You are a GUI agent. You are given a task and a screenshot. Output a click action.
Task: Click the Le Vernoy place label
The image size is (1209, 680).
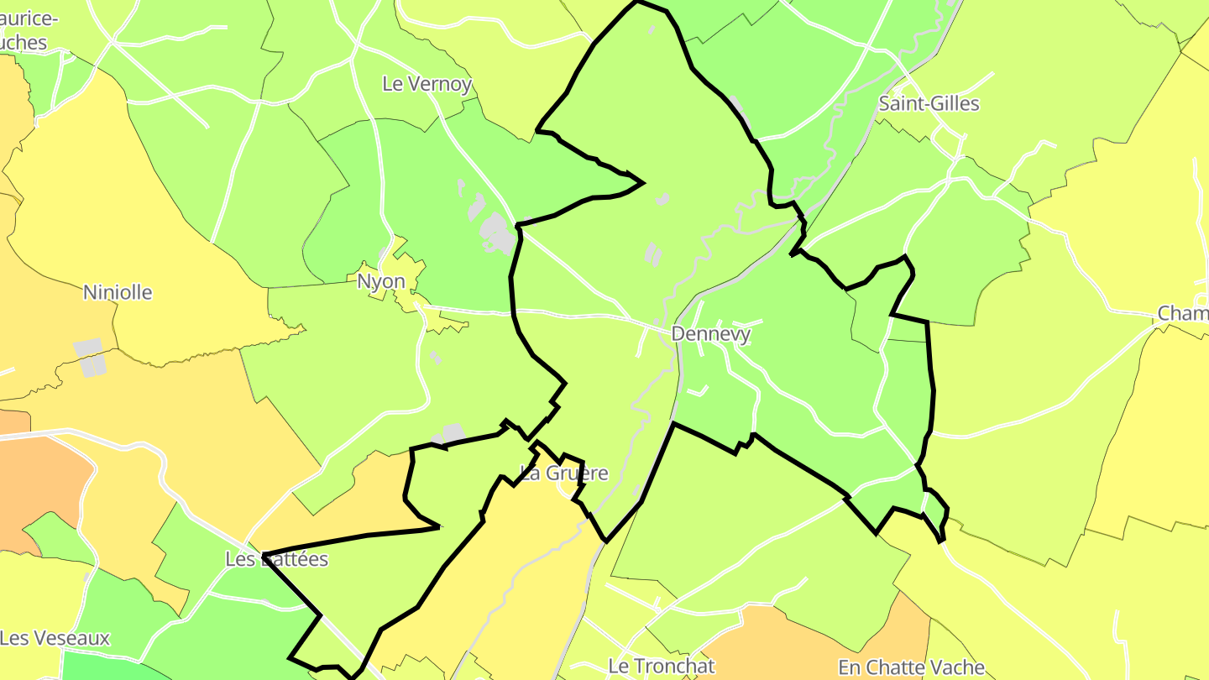[427, 84]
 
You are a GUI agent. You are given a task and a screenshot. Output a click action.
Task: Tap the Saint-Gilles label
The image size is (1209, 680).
[929, 104]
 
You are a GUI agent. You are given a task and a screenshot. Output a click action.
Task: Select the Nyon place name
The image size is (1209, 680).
[381, 281]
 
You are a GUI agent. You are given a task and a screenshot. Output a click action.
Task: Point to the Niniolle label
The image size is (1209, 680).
[118, 292]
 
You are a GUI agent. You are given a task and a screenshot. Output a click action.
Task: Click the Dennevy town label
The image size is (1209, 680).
[710, 334]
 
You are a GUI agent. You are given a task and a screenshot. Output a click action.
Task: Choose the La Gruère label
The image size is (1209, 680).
[564, 473]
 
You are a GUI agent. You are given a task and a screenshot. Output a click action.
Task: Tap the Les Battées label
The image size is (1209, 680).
[276, 559]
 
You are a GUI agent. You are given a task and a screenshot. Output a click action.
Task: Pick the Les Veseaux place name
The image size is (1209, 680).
[55, 638]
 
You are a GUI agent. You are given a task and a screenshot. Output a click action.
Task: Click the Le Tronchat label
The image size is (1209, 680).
[661, 666]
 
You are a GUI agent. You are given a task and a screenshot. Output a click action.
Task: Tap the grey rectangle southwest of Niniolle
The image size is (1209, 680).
[90, 357]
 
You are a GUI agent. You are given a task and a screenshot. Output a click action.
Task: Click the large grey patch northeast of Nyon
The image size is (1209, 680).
[496, 233]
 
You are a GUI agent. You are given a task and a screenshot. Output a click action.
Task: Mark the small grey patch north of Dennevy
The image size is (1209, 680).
[652, 254]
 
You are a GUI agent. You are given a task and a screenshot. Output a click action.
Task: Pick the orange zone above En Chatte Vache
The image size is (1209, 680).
[806, 638]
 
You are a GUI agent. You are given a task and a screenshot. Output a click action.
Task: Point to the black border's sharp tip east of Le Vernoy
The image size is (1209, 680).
[642, 182]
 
